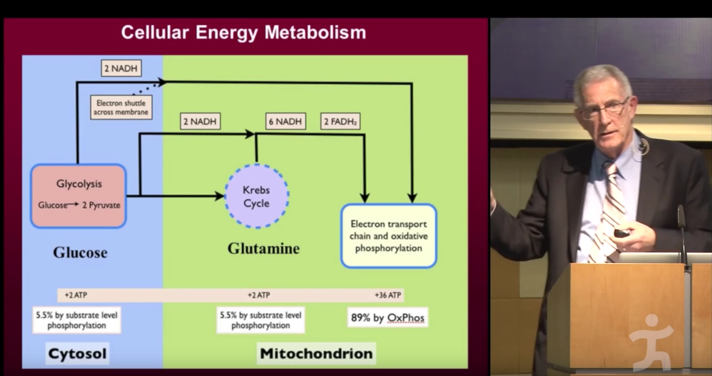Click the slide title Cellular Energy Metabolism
(243, 32)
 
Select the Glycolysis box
(79, 195)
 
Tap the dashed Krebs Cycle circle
(256, 196)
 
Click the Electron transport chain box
(388, 236)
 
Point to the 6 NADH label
(285, 121)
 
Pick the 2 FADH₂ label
(340, 121)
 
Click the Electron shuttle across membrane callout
(121, 107)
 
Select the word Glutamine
(263, 248)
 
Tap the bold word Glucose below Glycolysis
(80, 252)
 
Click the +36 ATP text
(388, 295)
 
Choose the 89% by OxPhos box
(388, 318)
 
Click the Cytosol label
(77, 354)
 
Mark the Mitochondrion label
(316, 354)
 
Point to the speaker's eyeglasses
(604, 109)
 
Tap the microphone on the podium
(681, 224)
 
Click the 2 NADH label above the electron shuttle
(121, 68)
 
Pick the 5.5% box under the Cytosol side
(77, 320)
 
